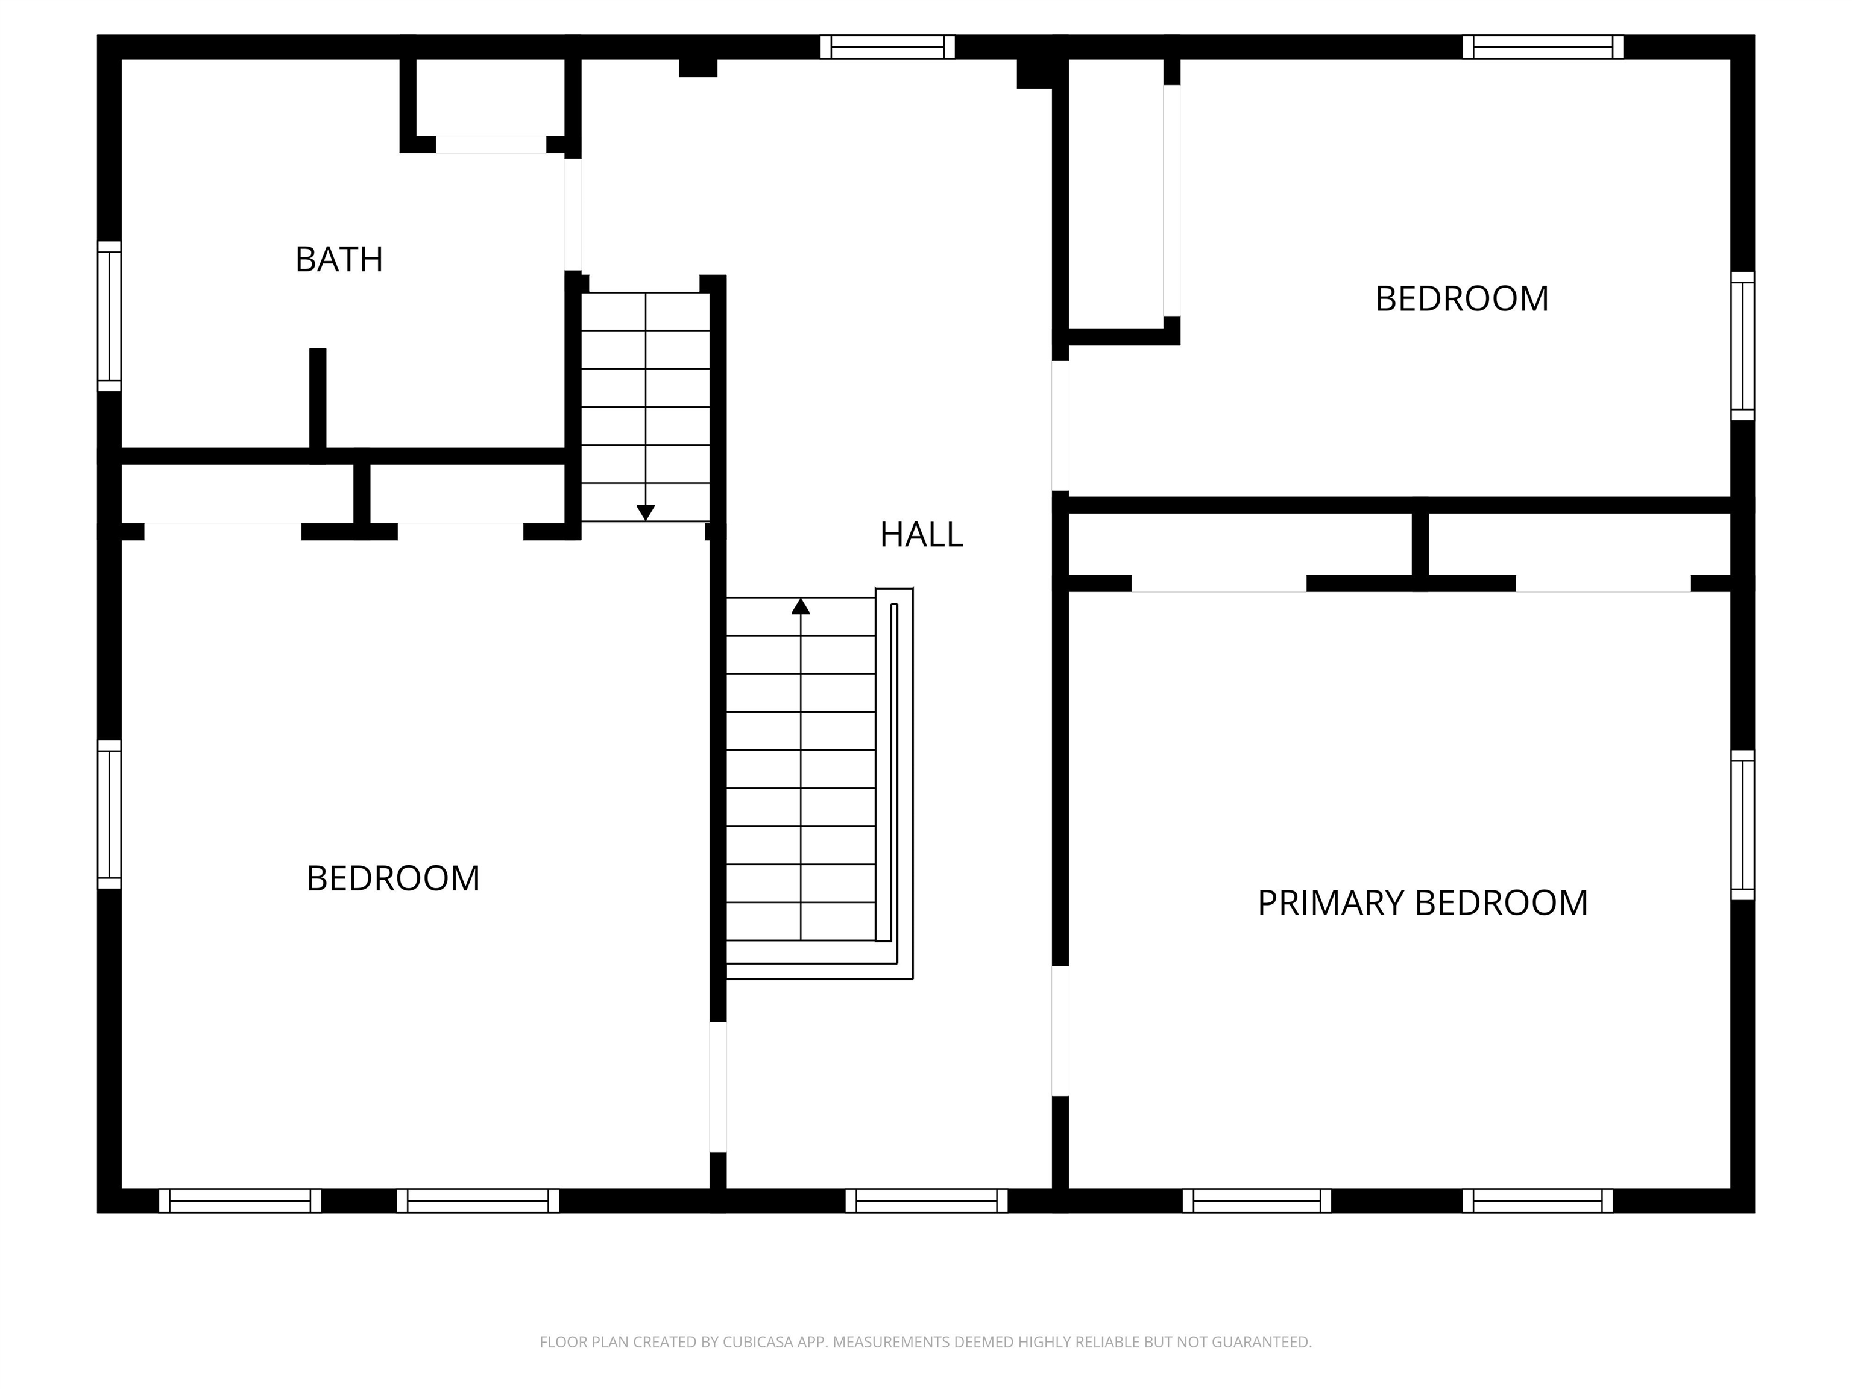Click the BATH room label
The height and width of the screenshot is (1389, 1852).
(x=339, y=260)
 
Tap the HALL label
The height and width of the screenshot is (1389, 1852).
(x=921, y=535)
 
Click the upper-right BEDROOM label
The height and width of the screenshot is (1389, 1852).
(x=1461, y=299)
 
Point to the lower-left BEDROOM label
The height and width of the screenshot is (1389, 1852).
(x=392, y=879)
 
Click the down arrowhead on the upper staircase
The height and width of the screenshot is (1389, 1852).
(x=644, y=512)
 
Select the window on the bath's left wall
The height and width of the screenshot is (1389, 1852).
(x=110, y=317)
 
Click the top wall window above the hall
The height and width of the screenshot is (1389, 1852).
(x=887, y=47)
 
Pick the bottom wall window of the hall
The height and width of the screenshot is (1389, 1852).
(x=926, y=1201)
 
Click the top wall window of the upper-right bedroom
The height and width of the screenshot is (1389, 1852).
(x=1542, y=47)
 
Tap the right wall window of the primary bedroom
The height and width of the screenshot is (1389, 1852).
(x=1742, y=825)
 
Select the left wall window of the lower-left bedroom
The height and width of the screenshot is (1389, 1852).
(x=110, y=814)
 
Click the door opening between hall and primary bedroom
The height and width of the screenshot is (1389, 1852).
(x=1060, y=1031)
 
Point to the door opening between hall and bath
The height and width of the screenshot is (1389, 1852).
(x=573, y=215)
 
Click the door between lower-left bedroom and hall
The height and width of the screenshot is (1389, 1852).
(x=717, y=1087)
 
